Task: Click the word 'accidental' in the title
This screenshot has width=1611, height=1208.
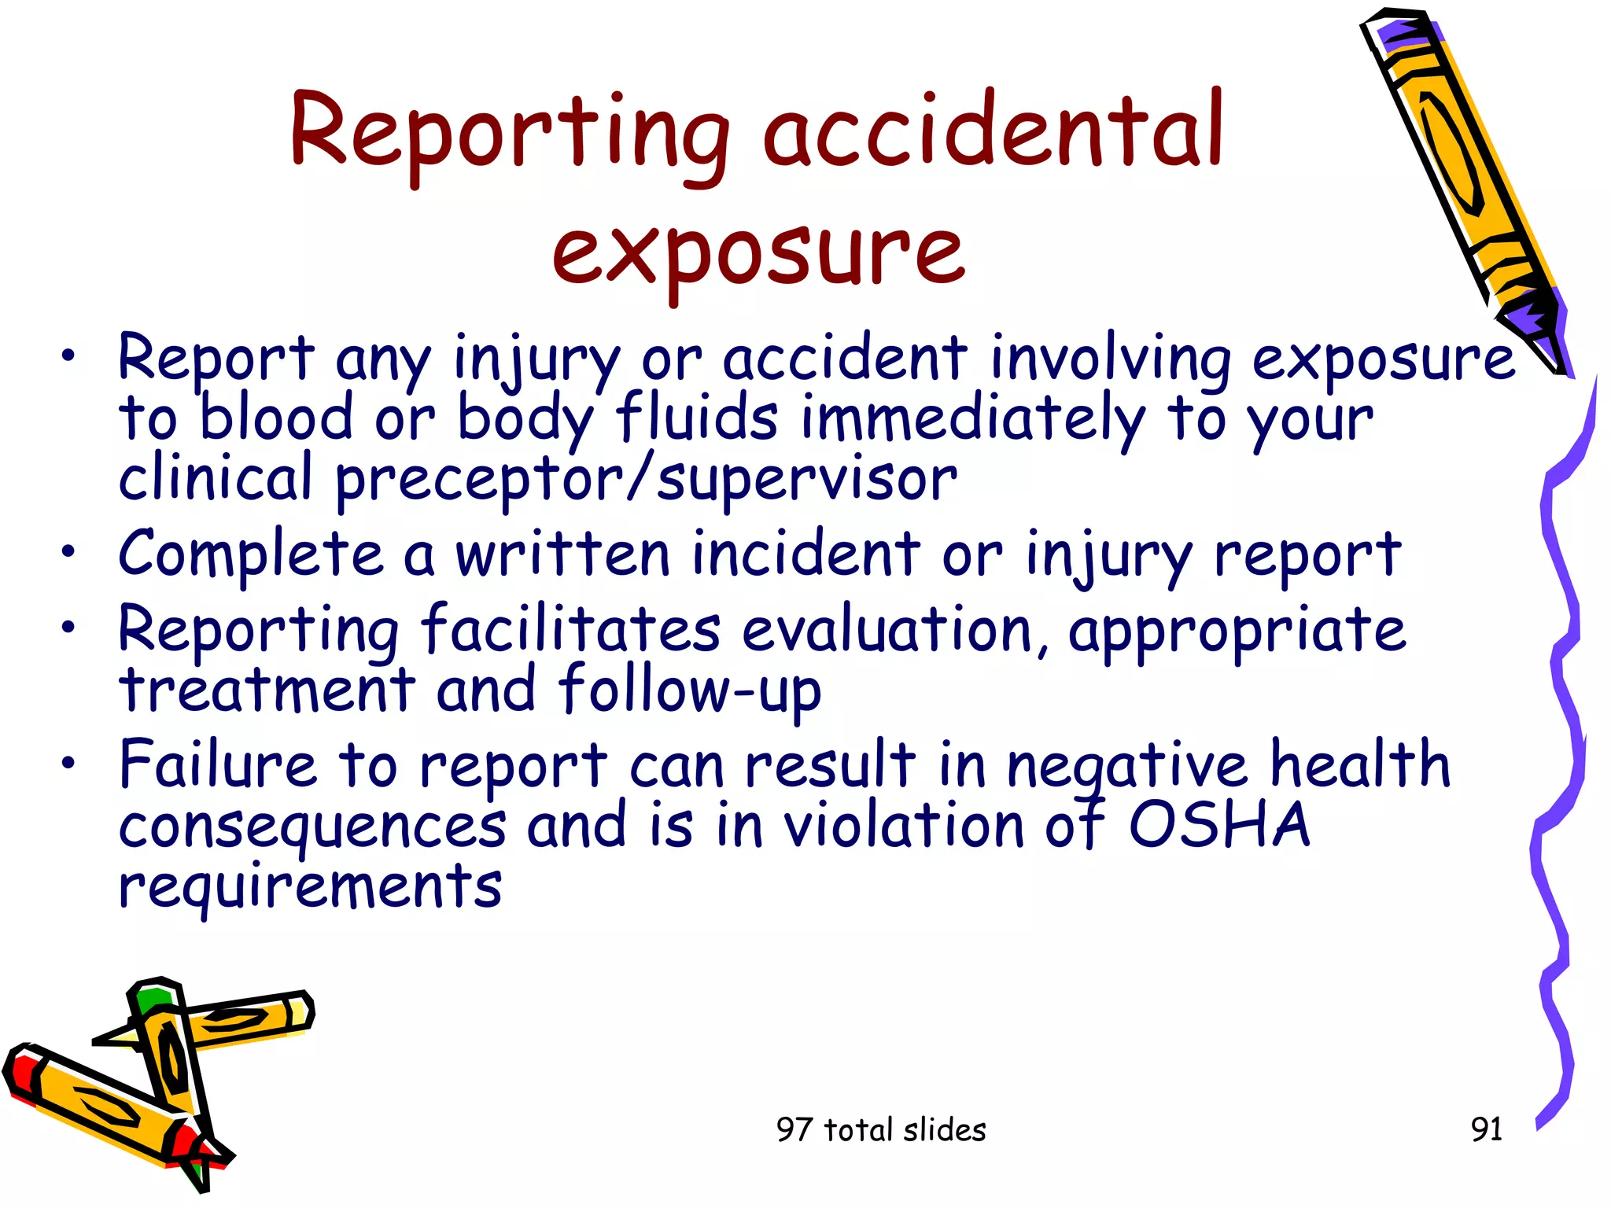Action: coord(993,131)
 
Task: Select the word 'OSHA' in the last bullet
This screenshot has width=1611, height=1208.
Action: coord(1219,826)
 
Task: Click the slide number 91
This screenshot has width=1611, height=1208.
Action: coord(1486,1129)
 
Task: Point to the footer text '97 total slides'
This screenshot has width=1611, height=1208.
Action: coord(880,1130)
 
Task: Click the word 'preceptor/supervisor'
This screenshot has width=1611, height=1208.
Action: coord(646,481)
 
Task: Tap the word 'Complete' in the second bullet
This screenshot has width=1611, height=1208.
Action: coord(251,555)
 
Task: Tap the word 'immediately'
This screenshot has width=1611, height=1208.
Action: coord(973,419)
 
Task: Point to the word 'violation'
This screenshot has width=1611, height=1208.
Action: coord(905,826)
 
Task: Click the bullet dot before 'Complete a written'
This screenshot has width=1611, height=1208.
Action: coord(70,552)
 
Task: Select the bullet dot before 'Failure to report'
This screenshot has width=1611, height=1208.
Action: coord(70,762)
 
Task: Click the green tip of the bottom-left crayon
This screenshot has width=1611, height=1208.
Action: coord(149,1000)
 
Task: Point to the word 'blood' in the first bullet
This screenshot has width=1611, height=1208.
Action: coord(276,419)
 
